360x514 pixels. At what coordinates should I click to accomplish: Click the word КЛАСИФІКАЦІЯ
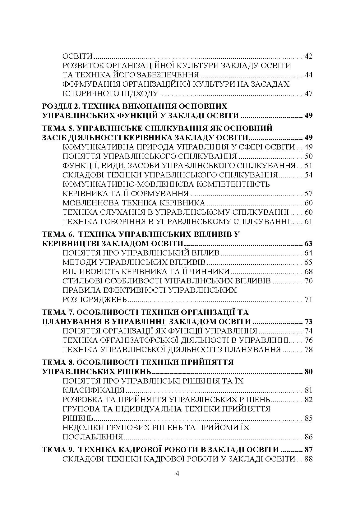(94, 390)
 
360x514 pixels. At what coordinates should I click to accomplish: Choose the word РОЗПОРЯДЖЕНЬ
(95, 300)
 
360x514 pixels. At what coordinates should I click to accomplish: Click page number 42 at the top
(308, 57)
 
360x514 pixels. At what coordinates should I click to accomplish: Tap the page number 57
(308, 194)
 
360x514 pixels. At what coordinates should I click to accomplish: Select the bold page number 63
(308, 243)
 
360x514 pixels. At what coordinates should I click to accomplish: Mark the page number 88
(308, 459)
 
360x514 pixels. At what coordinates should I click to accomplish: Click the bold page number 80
(308, 372)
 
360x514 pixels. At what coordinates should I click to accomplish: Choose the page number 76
(308, 340)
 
